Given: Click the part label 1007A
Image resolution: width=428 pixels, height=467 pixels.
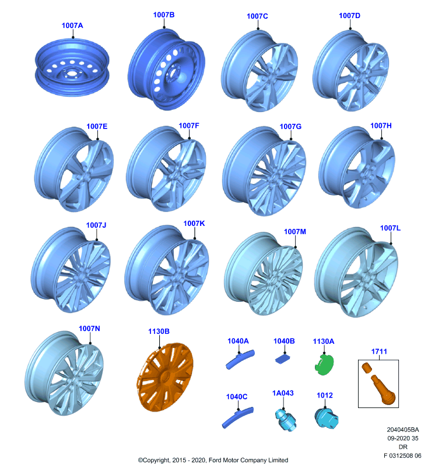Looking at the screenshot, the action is (x=72, y=26).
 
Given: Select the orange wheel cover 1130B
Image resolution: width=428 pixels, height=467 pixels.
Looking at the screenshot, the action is (x=165, y=377).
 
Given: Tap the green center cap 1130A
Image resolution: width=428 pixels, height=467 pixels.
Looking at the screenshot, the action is (x=324, y=364).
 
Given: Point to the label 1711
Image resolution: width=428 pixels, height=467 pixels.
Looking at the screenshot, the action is (x=379, y=351).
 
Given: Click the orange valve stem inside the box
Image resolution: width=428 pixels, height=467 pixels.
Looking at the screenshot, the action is (x=383, y=390).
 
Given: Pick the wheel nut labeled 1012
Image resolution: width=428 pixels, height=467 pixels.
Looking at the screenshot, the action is (x=326, y=418).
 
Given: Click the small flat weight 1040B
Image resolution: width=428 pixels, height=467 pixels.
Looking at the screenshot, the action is (x=285, y=360).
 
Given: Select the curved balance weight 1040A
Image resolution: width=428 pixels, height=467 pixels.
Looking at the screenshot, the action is (x=240, y=359).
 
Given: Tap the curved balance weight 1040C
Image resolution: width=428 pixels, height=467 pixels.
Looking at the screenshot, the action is (x=237, y=417).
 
